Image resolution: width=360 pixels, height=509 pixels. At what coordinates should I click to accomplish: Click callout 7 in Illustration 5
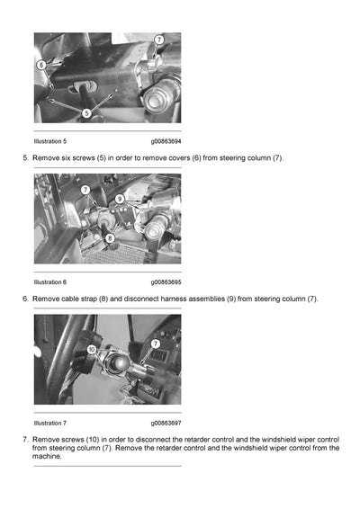(159, 40)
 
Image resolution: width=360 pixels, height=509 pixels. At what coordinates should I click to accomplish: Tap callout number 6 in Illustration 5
(41, 65)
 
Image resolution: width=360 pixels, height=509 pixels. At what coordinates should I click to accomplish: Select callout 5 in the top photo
(86, 113)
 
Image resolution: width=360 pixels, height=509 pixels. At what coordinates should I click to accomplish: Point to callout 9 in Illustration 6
(119, 197)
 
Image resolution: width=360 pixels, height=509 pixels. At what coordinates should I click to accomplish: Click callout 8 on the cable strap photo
(109, 238)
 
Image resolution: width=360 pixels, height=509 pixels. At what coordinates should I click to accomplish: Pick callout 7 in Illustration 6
(85, 190)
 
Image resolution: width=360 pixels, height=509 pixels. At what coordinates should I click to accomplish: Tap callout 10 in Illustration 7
(92, 348)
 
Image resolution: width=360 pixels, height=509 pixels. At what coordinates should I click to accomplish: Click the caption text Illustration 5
(49, 141)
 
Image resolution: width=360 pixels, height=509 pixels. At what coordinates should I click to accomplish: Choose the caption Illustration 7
(49, 423)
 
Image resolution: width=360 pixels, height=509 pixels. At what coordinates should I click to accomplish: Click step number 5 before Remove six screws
(24, 158)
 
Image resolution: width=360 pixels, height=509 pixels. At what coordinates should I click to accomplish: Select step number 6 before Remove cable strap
(24, 299)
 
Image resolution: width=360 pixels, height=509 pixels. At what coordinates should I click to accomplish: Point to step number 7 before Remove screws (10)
(24, 439)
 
